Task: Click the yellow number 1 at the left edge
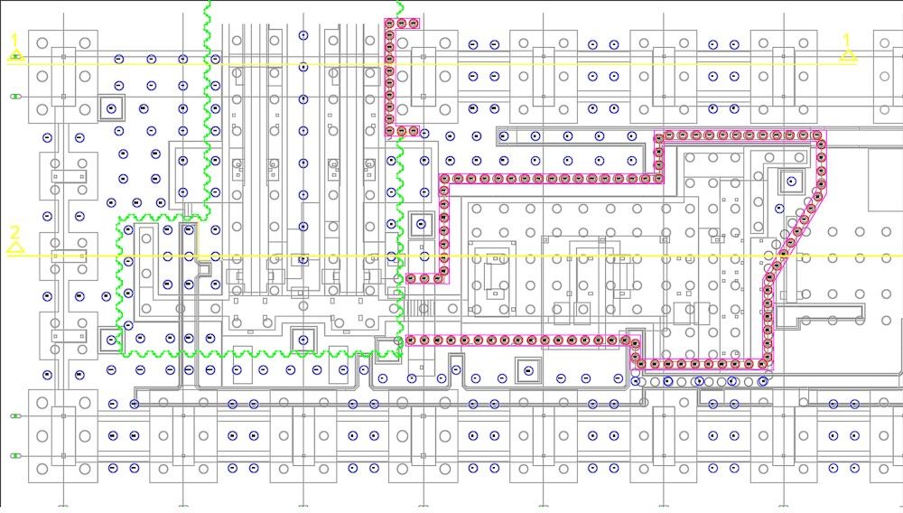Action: (x=15, y=41)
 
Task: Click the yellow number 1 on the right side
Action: (x=846, y=41)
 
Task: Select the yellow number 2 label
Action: (x=15, y=233)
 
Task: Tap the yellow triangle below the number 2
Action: (x=15, y=247)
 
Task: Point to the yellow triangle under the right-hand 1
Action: (x=847, y=55)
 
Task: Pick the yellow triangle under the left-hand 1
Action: (x=15, y=55)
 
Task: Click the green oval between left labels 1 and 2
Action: (x=15, y=97)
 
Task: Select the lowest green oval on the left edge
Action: (x=15, y=456)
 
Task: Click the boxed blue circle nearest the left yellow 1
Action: (x=111, y=108)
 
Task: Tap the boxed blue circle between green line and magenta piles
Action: (x=421, y=223)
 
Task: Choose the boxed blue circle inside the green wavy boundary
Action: (x=303, y=340)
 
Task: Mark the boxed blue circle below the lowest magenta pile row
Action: (x=528, y=370)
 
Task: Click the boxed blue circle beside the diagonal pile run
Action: (x=791, y=182)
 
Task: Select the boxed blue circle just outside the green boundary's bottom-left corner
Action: (x=111, y=340)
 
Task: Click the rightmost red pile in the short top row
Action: (x=414, y=23)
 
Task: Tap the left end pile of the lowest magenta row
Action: (x=411, y=340)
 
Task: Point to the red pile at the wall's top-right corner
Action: (x=816, y=135)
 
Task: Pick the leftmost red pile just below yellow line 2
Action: (x=411, y=279)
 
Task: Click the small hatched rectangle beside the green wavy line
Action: (x=413, y=308)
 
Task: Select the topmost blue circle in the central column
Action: (x=303, y=35)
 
